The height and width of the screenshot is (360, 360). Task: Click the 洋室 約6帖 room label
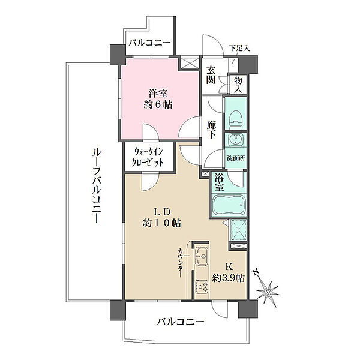(158, 99)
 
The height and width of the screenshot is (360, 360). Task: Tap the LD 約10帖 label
(161, 218)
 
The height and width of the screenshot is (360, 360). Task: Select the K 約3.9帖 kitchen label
(228, 272)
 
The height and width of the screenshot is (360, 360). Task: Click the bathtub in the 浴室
(229, 205)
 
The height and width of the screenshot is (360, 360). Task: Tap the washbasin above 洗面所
(235, 139)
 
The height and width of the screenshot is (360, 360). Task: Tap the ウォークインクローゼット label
(148, 157)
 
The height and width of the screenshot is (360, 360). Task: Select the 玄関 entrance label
(211, 75)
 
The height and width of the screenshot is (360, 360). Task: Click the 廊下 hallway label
(211, 130)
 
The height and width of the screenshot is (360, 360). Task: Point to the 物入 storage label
(238, 85)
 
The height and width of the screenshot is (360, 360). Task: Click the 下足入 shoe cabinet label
(239, 49)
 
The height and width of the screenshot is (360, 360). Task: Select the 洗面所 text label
(236, 158)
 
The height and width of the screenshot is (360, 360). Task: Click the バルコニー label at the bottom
(181, 322)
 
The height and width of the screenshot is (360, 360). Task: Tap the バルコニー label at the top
(149, 43)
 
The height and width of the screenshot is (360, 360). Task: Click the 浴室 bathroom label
(220, 182)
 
